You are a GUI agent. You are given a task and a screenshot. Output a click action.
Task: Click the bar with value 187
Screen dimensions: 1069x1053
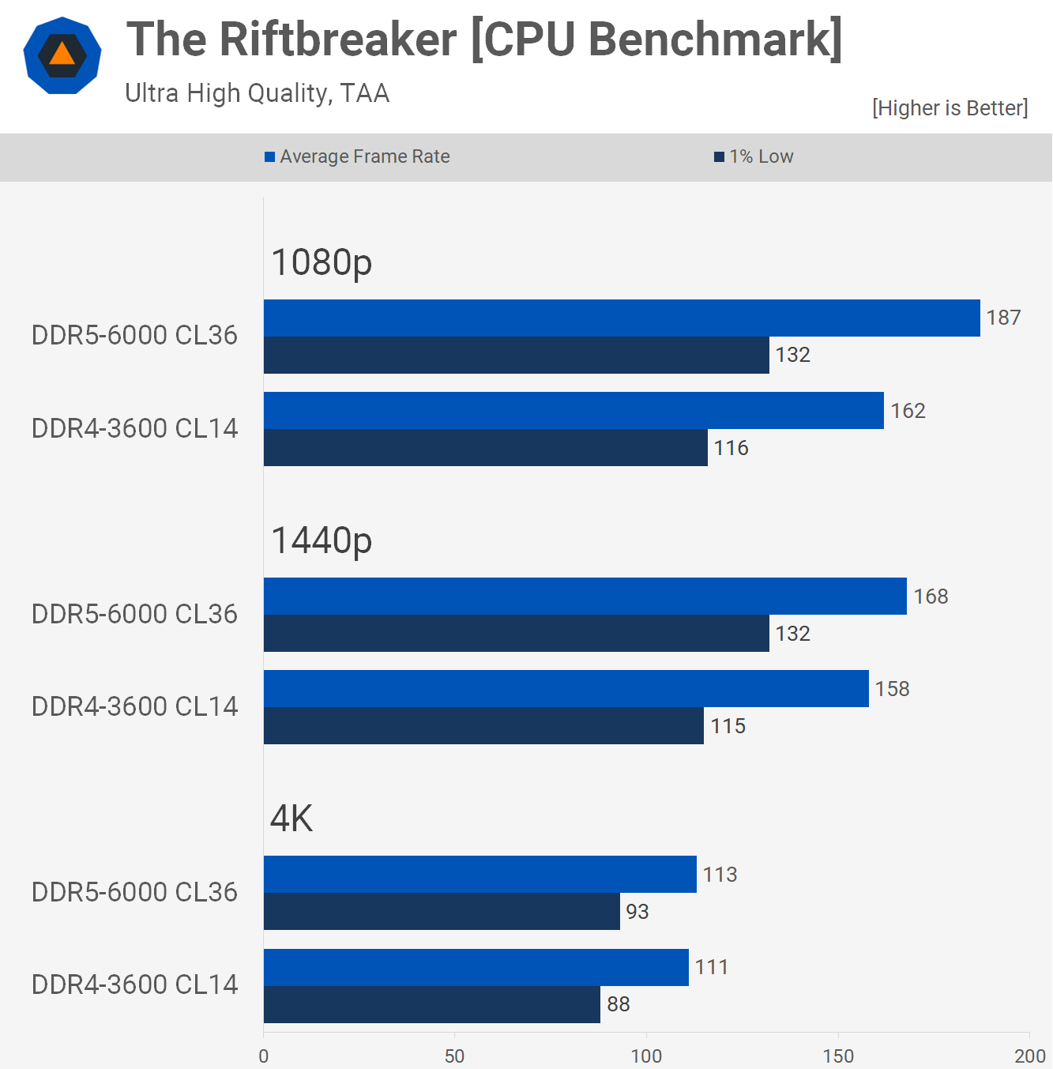(x=622, y=318)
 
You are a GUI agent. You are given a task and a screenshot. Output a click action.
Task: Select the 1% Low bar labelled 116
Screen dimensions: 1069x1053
(x=485, y=448)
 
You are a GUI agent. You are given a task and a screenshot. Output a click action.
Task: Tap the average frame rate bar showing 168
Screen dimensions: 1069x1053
(x=585, y=596)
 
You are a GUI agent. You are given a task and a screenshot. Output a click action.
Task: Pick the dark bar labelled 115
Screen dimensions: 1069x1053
(x=483, y=726)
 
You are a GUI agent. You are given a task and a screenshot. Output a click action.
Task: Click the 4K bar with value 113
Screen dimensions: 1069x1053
(x=479, y=874)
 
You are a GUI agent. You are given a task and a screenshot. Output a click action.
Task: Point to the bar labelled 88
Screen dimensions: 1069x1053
(x=431, y=1004)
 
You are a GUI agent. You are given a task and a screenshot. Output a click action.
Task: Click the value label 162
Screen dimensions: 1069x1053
(x=908, y=411)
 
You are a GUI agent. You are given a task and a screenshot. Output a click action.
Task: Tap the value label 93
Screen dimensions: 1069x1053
(x=637, y=912)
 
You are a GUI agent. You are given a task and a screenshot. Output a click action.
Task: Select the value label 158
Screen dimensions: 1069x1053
(x=892, y=689)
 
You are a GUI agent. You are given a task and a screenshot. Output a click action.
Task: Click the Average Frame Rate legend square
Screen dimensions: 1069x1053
(x=269, y=157)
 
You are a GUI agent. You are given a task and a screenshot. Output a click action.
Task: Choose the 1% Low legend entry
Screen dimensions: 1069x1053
(x=754, y=156)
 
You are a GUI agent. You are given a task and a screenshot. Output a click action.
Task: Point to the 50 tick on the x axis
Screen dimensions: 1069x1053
(x=454, y=1056)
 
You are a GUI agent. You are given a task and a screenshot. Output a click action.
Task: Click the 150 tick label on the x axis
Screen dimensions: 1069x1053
(x=837, y=1056)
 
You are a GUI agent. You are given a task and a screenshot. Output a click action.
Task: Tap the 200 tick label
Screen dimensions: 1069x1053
(x=1029, y=1056)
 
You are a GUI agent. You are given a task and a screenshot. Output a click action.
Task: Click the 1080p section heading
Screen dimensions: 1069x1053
(x=321, y=262)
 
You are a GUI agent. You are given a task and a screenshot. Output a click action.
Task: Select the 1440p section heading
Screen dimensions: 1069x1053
(x=321, y=541)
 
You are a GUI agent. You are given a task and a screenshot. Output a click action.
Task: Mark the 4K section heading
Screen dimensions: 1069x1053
(x=291, y=819)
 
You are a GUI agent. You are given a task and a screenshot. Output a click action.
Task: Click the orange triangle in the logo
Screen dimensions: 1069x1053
(x=62, y=55)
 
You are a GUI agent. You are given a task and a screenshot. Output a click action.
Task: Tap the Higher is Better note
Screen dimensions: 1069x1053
(x=950, y=108)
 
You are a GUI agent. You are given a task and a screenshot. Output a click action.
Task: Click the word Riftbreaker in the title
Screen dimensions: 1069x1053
(x=338, y=39)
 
